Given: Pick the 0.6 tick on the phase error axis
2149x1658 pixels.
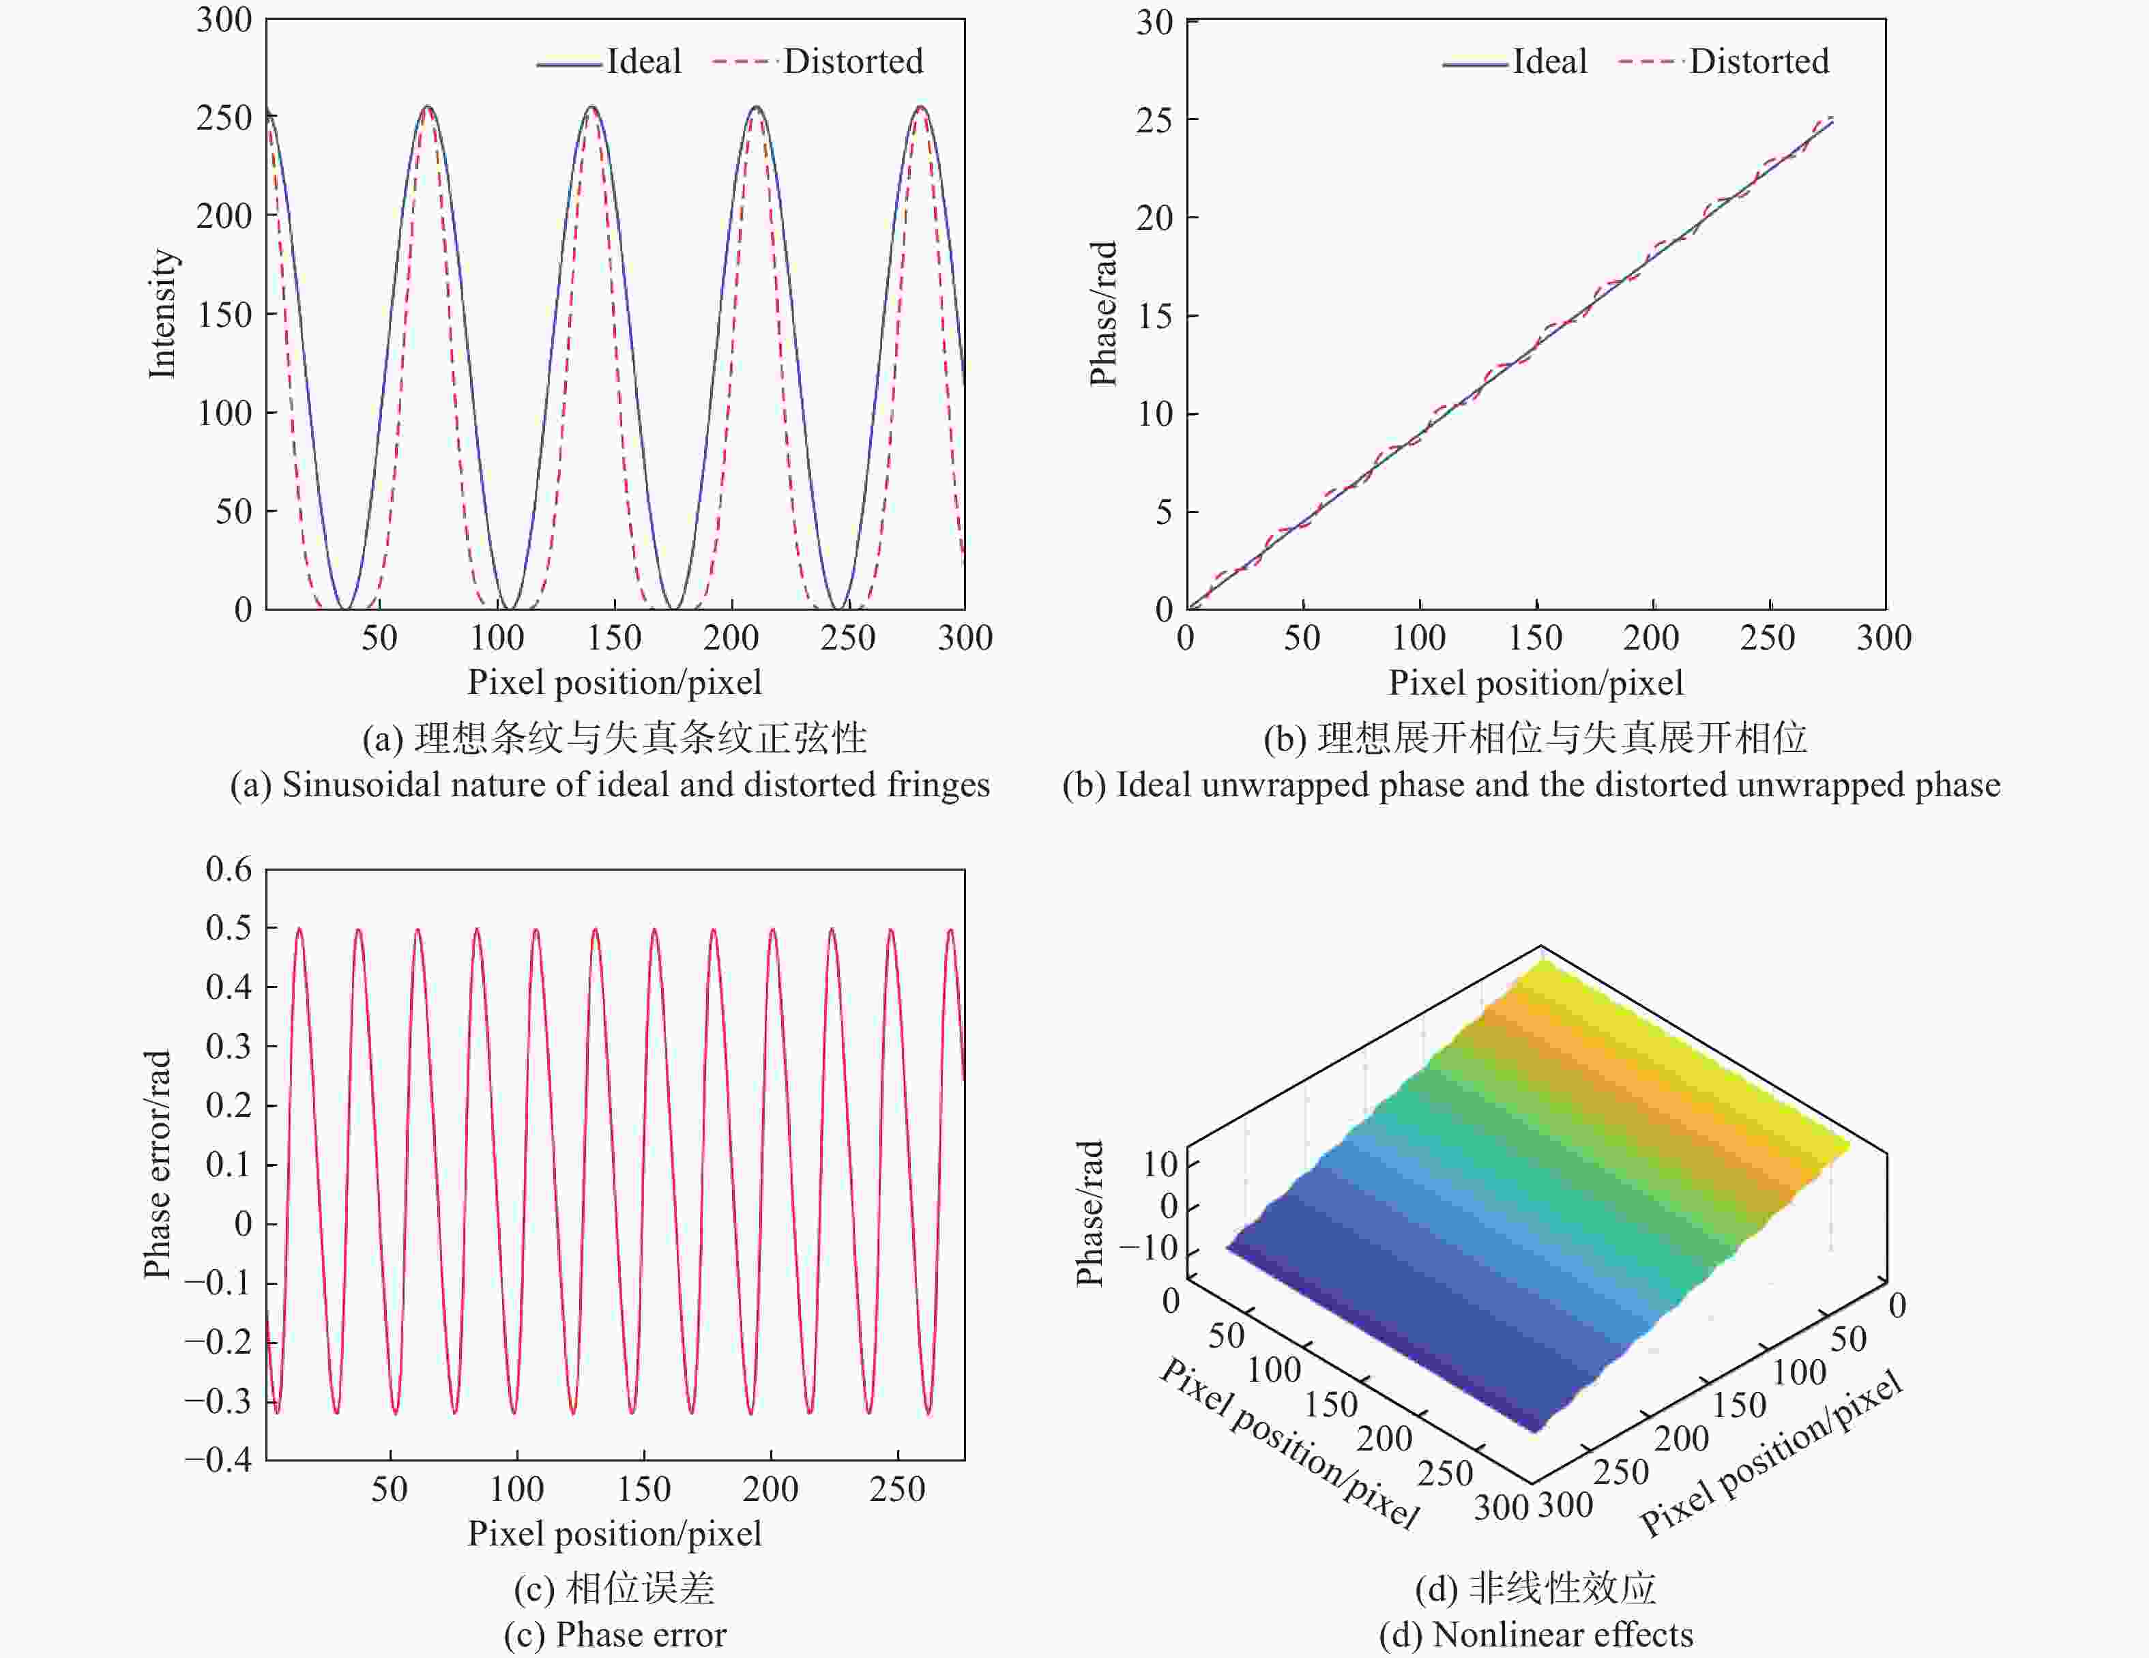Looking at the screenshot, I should coord(229,869).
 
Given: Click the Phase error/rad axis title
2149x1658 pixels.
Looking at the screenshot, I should coord(158,1164).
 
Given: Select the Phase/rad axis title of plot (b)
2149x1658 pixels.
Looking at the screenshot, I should coord(1103,313).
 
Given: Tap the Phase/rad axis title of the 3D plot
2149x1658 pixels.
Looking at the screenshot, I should coord(1090,1212).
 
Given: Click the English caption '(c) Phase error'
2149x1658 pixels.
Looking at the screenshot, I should coord(615,1634).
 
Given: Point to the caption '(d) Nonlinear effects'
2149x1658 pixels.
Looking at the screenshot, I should coord(1535,1634).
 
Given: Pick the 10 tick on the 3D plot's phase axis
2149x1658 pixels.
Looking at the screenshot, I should coord(1161,1164).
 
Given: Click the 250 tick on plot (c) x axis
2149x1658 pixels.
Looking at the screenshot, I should coord(896,1489).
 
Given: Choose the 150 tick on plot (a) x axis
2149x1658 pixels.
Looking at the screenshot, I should coord(614,638).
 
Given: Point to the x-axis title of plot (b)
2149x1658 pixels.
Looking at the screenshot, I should coord(1535,682).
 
